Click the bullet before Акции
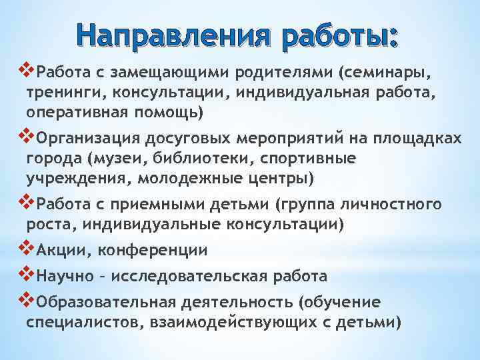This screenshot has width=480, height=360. pyautogui.click(x=28, y=248)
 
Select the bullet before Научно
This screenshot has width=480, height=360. pyautogui.click(x=28, y=273)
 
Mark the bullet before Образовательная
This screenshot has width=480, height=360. pyautogui.click(x=28, y=299)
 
